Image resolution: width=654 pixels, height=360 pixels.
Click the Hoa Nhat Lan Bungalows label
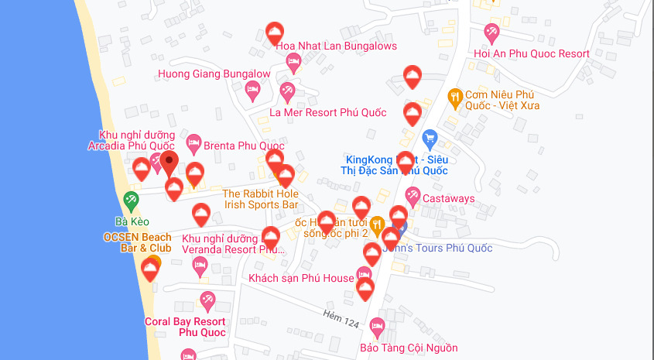point(336,46)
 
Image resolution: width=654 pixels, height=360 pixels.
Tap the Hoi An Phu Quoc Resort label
point(531,53)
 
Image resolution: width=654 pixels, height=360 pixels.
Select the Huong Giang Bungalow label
point(214,74)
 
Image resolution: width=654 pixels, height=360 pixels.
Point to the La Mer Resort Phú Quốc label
point(327,112)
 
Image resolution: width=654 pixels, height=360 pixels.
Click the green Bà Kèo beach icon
point(132,199)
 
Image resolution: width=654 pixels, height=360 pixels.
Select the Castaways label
point(448,199)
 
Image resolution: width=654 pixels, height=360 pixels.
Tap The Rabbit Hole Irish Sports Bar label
point(260,199)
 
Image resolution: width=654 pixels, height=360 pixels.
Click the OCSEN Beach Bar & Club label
point(138,242)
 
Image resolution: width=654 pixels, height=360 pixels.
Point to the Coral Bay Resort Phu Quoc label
point(185,327)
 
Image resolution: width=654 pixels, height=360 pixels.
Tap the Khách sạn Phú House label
point(301,277)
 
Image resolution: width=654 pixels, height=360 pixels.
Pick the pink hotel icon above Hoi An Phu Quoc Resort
point(491,33)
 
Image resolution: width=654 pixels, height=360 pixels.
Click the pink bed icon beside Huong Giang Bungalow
point(252,91)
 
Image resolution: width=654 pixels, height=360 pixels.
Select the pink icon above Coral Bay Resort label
point(207,300)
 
